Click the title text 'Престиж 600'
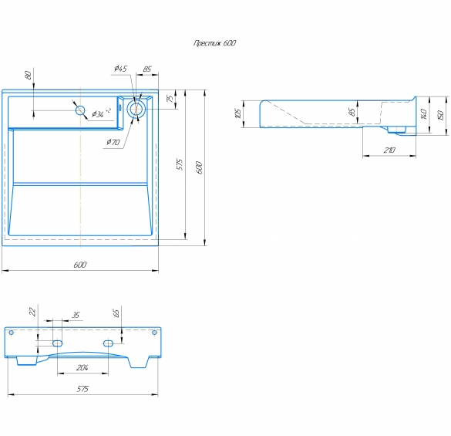point(214,43)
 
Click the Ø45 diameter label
point(120,69)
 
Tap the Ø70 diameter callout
point(113,142)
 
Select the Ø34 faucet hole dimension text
point(101,113)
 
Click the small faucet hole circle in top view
point(80,110)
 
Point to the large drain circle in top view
point(137,109)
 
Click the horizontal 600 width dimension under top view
point(80,265)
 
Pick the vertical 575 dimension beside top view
point(180,164)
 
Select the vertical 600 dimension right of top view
point(199,167)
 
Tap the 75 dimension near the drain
point(170,99)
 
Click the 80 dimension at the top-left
point(29,76)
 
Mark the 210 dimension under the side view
point(389,150)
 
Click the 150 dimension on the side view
point(441,115)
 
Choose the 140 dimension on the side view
point(422,114)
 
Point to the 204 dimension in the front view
point(82,367)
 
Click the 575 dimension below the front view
point(82,389)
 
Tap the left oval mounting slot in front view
point(57,343)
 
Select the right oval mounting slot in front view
point(108,343)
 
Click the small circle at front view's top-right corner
point(154,333)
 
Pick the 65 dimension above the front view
point(116,313)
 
